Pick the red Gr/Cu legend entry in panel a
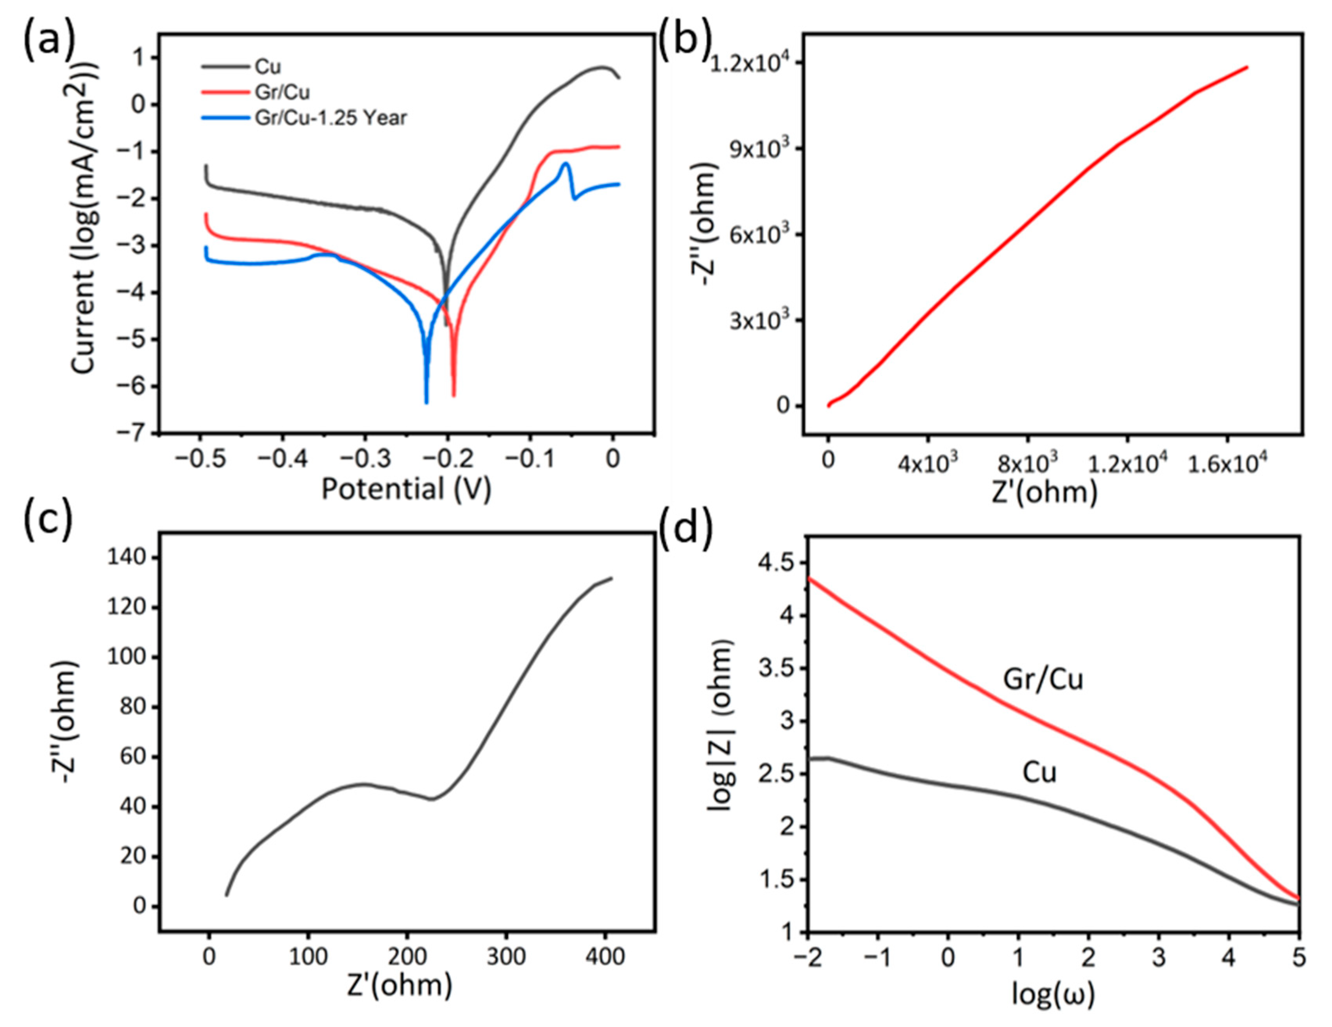point(282,92)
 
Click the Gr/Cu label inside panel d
point(1043,679)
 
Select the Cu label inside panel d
point(1039,773)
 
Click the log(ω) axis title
point(1053,994)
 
